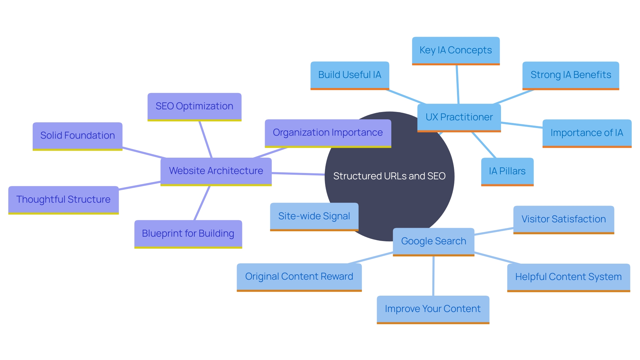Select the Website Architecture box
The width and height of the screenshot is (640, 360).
(216, 171)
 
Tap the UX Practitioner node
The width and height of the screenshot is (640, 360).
(459, 117)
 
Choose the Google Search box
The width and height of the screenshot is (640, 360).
(433, 241)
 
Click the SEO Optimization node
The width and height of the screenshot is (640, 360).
(194, 106)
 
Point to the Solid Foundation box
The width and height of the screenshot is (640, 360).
(77, 136)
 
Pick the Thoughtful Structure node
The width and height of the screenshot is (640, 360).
(63, 200)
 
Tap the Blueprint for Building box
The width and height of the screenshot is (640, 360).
(188, 234)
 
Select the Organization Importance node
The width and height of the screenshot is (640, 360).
(328, 133)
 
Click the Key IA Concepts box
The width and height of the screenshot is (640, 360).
(456, 50)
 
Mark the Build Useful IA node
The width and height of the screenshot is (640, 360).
(350, 75)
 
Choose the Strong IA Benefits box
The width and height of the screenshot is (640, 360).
(571, 75)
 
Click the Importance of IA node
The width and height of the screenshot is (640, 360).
(587, 133)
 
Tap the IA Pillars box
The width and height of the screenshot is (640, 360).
(507, 171)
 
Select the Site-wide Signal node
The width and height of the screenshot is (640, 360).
(314, 216)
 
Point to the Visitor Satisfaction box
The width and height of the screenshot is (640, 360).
(563, 219)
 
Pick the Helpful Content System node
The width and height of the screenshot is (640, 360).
(568, 277)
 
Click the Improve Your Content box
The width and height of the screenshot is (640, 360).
(433, 309)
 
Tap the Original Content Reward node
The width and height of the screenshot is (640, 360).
(299, 277)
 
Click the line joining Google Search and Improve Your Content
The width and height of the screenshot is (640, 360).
(433, 276)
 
